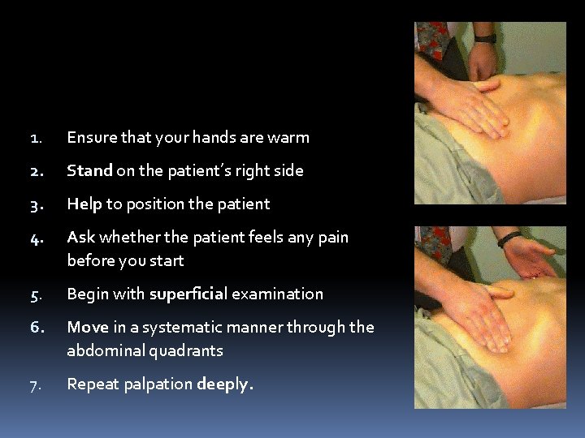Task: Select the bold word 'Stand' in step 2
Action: click(89, 171)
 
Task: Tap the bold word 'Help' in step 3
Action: click(84, 204)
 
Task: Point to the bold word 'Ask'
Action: click(80, 238)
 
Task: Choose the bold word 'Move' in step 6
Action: click(87, 328)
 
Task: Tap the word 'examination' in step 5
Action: click(278, 294)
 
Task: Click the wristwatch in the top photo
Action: click(484, 36)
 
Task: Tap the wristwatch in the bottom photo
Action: click(509, 239)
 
